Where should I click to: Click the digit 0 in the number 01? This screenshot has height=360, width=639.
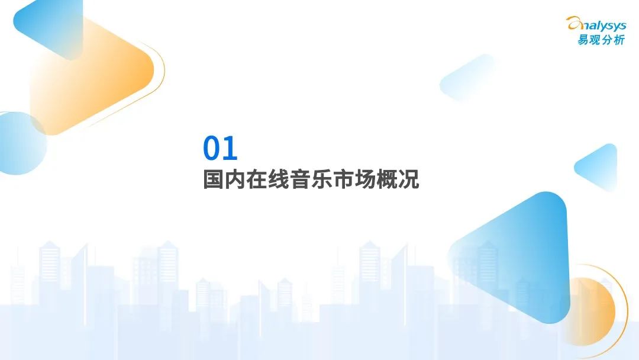click(x=212, y=148)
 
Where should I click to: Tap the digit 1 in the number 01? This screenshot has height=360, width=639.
click(x=231, y=148)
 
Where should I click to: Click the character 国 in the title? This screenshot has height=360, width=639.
click(x=214, y=179)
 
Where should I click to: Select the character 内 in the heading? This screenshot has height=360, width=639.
click(x=235, y=179)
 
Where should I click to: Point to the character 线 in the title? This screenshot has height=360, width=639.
click(x=278, y=179)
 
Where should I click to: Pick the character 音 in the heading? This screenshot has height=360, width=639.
click(x=300, y=179)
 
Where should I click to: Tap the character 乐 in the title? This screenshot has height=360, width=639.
click(x=322, y=179)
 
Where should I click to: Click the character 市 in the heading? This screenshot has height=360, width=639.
click(x=344, y=179)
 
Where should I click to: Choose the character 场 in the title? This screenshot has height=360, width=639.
click(x=365, y=179)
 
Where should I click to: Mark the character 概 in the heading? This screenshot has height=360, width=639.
click(x=387, y=179)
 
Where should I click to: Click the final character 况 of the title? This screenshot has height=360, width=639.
click(x=409, y=179)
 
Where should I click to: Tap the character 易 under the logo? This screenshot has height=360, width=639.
click(x=583, y=40)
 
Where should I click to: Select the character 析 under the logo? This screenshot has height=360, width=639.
click(x=619, y=40)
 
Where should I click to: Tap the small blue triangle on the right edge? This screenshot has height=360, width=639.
click(x=598, y=167)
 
